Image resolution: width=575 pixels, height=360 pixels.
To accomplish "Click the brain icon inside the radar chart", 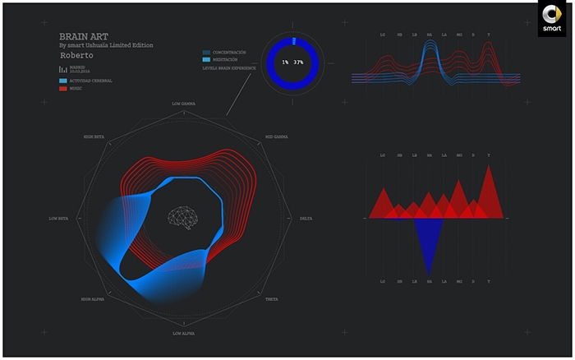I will coord(184,217).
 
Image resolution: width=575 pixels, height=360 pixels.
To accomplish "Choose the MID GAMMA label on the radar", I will coord(276,136).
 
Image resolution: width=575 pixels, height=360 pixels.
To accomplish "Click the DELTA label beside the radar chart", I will coord(305,219).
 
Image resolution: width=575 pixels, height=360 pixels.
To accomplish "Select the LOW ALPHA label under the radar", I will coord(183,333).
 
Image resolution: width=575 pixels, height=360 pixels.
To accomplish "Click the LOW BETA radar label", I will coord(59,219).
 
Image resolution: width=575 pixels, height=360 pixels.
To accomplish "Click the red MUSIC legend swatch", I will coord(63,89).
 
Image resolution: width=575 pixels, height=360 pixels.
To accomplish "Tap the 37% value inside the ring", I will coord(298,62).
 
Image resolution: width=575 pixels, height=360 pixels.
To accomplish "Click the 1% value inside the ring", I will coord(284,62).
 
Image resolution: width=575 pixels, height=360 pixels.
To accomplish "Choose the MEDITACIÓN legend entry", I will coord(229,60).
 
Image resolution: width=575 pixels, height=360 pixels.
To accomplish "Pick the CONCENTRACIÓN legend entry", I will coord(232,52).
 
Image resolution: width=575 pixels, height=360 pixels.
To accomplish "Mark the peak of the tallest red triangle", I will coord(489,168).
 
